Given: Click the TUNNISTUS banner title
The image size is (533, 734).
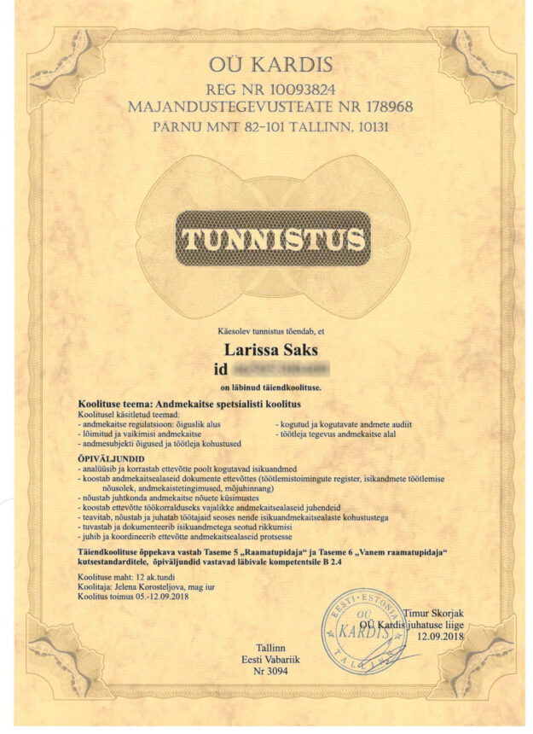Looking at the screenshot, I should point(273,241).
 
